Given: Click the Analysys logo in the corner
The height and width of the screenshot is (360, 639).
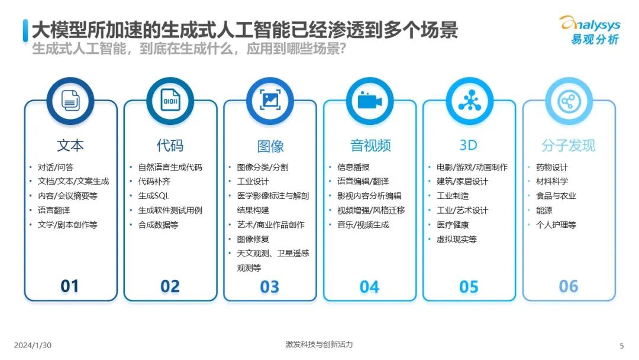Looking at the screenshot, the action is point(590,30).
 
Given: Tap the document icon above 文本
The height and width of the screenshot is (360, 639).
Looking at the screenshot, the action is point(70,100).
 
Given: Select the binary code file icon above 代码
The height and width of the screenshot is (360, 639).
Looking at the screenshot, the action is point(170,100).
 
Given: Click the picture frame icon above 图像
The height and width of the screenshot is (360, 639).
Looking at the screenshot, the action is point(270,100).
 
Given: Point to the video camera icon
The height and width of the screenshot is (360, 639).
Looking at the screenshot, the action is point(370,101).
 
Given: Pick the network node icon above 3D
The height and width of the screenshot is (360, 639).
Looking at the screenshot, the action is point(469,100).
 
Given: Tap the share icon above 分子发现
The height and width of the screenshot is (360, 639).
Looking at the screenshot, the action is point(569,101).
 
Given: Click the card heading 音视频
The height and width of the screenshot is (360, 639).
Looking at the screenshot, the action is point(370,146).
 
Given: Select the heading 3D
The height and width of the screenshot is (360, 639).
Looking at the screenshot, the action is point(468,145).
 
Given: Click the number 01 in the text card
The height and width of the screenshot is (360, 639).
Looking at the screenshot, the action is point(70,286).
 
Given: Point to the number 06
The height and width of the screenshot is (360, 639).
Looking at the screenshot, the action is point(569,286).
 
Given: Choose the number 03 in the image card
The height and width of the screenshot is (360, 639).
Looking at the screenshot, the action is point(270,287).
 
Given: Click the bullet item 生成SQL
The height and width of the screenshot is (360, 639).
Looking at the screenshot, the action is point(154,196).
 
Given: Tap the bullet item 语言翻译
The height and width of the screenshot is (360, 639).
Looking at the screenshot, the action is point(54,210).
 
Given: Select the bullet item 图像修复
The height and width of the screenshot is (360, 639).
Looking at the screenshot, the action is point(253,239).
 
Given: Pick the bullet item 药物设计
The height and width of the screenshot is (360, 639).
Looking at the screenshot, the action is point(552,167).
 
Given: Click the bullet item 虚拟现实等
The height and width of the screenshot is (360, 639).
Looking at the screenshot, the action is point(456,239).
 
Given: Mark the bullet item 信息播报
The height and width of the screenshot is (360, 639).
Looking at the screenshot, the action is point(353,167).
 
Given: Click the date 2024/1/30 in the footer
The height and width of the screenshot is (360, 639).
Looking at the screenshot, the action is point(33,345).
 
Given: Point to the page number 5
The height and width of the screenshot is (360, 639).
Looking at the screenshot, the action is point(621,346).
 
